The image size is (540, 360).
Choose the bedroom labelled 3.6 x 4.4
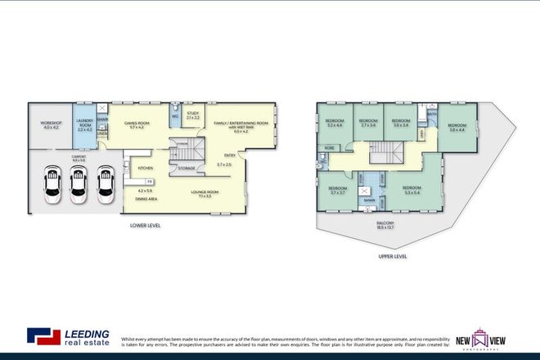tap(456, 127)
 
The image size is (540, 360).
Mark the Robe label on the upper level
tap(329, 148)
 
